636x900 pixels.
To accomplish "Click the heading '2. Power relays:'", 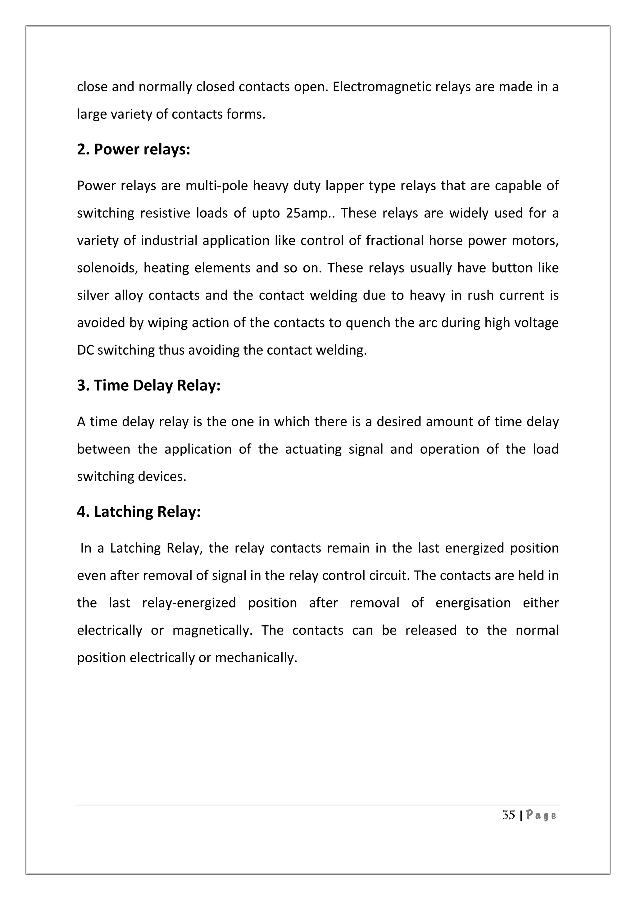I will click(133, 150).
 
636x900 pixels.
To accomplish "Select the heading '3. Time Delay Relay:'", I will click(148, 385).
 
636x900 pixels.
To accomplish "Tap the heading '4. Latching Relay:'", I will click(139, 512).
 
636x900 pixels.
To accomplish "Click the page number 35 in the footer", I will click(508, 815).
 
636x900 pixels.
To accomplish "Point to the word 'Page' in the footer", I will click(541, 816).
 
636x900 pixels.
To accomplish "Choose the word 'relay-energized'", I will click(189, 603).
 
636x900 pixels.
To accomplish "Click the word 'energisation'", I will click(473, 603).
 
